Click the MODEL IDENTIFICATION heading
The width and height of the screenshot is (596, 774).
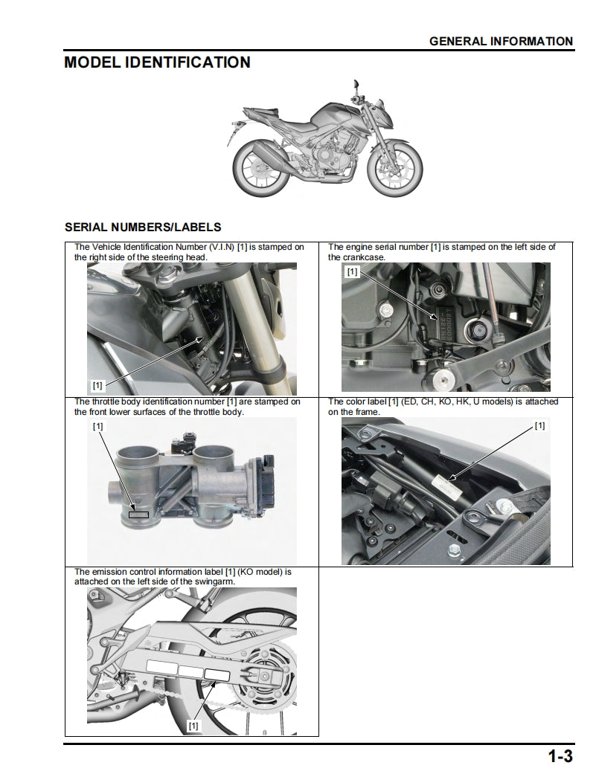click(157, 62)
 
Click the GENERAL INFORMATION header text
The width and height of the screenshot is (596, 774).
click(501, 42)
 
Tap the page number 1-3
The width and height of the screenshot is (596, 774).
click(560, 757)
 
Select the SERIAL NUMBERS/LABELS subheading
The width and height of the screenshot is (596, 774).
click(143, 227)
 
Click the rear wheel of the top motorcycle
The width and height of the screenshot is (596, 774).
click(258, 171)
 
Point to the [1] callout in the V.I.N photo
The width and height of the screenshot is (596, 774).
click(97, 385)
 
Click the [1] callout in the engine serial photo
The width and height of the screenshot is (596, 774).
click(352, 272)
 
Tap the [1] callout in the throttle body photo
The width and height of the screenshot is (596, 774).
click(97, 427)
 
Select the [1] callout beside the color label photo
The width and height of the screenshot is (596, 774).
click(539, 426)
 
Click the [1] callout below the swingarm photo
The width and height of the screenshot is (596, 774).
click(193, 724)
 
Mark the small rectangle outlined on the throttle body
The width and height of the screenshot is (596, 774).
click(138, 514)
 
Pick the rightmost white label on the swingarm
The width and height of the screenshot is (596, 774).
click(217, 674)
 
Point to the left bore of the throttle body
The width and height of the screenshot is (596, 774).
click(139, 454)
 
